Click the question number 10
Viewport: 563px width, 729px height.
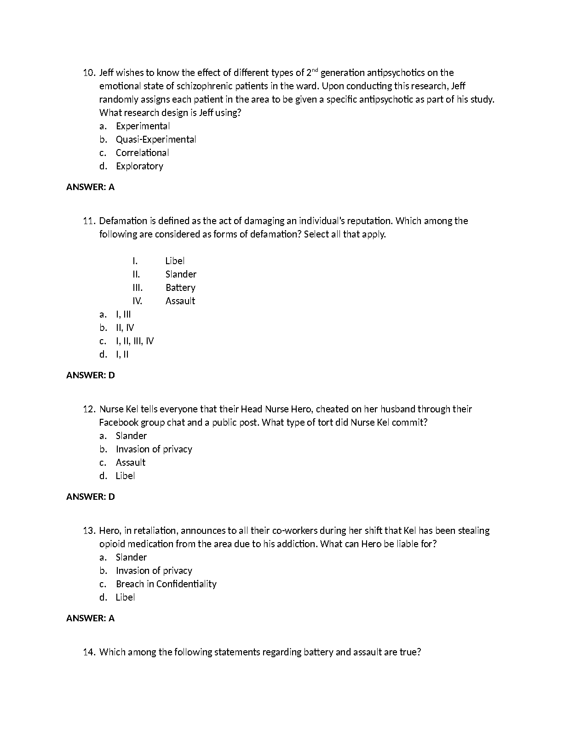point(89,73)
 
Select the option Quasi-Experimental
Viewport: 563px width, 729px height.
point(156,139)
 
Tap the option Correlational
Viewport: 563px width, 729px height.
point(142,153)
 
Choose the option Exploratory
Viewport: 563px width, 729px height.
point(139,166)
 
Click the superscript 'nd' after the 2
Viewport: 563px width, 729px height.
point(315,70)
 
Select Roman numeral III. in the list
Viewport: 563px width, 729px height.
point(137,288)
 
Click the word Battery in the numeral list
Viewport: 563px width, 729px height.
point(180,288)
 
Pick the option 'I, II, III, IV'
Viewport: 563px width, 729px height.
point(135,341)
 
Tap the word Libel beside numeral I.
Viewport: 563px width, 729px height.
point(175,261)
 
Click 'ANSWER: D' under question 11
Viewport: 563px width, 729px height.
point(91,375)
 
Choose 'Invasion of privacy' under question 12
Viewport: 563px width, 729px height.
point(154,449)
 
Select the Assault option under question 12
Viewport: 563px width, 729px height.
point(131,463)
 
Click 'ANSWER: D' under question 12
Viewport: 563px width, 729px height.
point(91,497)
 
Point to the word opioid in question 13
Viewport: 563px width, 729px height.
point(112,544)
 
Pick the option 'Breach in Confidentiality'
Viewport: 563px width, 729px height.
point(166,584)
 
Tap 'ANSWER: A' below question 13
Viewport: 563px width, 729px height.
point(91,618)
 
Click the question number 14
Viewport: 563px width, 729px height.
point(89,652)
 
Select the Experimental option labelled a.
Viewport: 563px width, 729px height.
point(143,126)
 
